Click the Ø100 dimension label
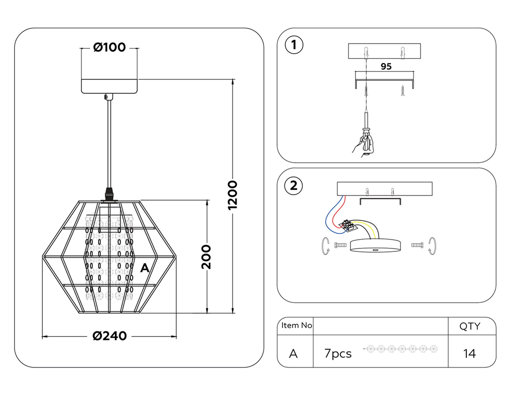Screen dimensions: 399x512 (110, 47)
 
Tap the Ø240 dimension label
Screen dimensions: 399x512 (110, 336)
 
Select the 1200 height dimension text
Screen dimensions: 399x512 (233, 196)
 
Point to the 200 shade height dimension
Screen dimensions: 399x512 (207, 257)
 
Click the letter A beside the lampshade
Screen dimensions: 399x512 (145, 268)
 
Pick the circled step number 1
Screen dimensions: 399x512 (294, 45)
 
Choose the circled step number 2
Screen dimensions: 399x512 (294, 186)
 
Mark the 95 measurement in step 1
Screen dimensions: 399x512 (386, 66)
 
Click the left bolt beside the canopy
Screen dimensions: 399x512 (340, 245)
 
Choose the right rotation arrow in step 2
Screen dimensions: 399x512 (432, 246)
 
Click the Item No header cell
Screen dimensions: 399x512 (296, 325)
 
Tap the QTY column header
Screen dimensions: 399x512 (470, 326)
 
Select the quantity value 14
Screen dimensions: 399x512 (470, 354)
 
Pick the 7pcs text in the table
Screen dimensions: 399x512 (338, 354)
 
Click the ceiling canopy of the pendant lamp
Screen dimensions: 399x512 (109, 86)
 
